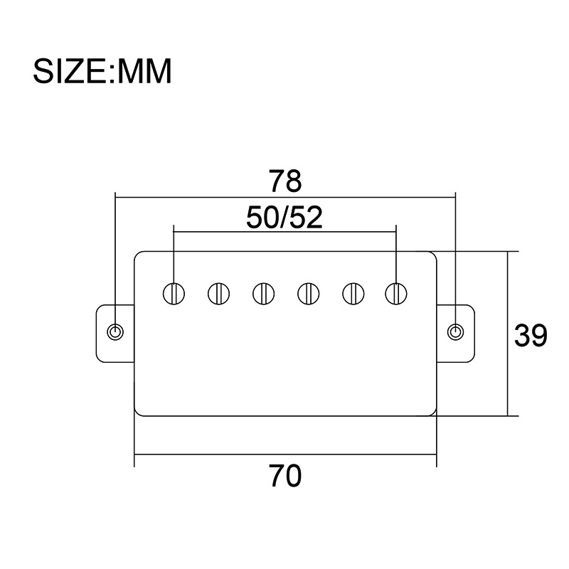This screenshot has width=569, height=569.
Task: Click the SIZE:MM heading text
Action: tap(102, 72)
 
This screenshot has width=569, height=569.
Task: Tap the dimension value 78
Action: tap(285, 181)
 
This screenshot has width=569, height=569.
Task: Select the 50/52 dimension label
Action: tap(284, 218)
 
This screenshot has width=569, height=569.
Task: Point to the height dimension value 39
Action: tap(531, 335)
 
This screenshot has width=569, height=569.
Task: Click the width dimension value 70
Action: tap(285, 476)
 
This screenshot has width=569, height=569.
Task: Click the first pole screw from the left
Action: tap(174, 294)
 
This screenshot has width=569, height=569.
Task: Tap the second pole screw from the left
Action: tap(218, 294)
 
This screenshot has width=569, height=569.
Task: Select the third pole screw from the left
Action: tap(263, 294)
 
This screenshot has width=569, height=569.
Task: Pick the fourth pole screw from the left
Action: tap(309, 294)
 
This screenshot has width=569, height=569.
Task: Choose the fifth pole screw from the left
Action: tap(353, 294)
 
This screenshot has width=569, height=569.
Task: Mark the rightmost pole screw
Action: tap(396, 294)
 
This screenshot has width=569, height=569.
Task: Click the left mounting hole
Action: tap(115, 332)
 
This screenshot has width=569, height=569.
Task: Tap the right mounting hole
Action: tap(455, 332)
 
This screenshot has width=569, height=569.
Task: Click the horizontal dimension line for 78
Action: tap(285, 198)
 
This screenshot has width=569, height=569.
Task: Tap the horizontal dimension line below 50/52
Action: tap(285, 232)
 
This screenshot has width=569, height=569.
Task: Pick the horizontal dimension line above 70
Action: tap(285, 454)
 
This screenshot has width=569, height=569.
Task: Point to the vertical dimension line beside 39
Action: tap(508, 334)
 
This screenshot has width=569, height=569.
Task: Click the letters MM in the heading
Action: tap(144, 72)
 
